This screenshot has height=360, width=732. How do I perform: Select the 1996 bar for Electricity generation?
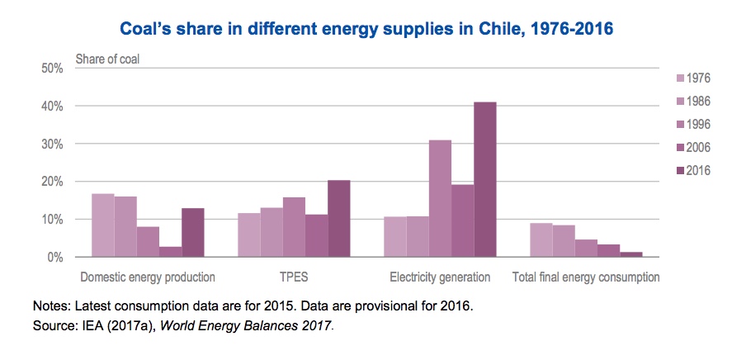pos(440,198)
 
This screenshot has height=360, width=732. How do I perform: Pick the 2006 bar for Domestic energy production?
pos(170,251)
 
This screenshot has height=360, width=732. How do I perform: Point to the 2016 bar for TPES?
pos(338,218)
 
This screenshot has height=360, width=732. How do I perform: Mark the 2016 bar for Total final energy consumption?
pos(631,254)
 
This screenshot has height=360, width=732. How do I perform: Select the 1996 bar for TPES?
pos(294,227)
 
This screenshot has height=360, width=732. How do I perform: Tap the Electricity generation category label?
pos(440,277)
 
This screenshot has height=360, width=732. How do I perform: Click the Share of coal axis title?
pos(108,59)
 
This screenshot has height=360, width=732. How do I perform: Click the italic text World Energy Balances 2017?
pos(245,326)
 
